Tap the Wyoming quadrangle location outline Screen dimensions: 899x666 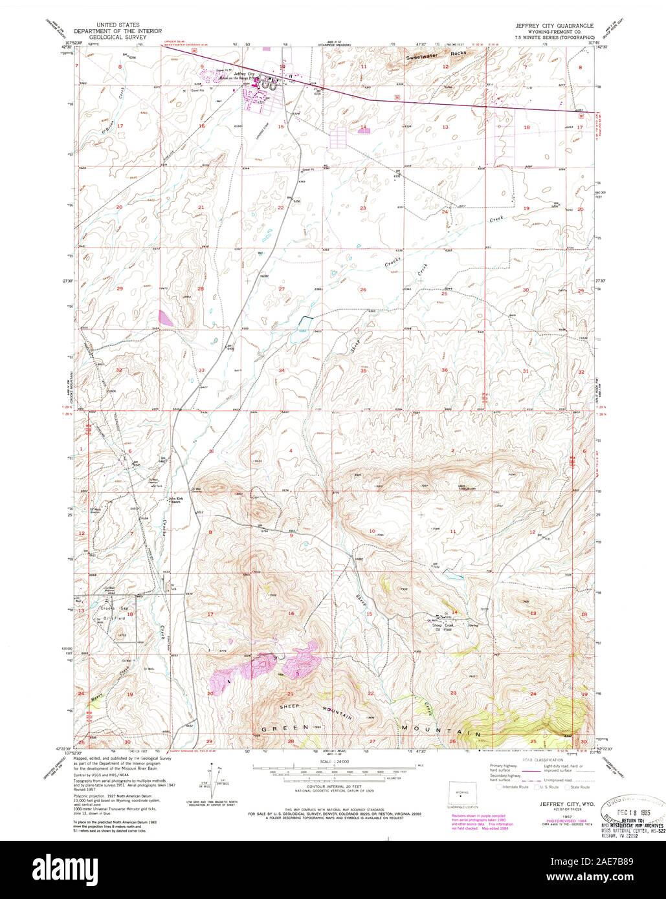[x=460, y=794]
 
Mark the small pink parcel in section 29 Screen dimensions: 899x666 [x=166, y=318]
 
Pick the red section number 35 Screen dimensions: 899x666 [x=364, y=371]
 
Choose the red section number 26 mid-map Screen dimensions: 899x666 [x=364, y=289]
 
